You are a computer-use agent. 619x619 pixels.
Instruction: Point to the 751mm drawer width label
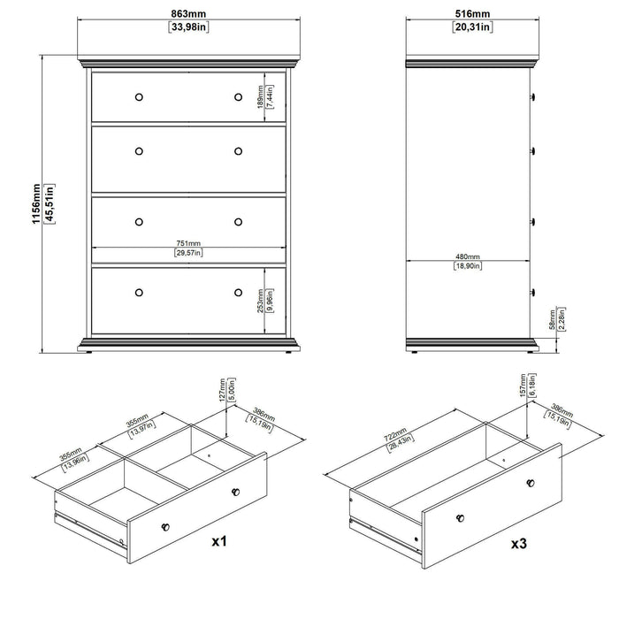coord(187,243)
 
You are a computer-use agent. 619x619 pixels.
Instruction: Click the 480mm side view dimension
coord(467,256)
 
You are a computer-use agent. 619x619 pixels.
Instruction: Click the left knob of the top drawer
coord(138,96)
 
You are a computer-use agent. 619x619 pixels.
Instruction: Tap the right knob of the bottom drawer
coord(238,291)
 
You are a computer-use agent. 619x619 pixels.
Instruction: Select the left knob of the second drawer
coord(138,151)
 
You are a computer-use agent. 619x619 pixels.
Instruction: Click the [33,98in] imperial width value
coord(188,27)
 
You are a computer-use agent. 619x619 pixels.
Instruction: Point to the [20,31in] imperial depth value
coord(470,27)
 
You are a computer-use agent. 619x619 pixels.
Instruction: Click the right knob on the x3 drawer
coord(531,482)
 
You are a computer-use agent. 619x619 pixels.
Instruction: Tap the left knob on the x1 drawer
coord(164,525)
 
